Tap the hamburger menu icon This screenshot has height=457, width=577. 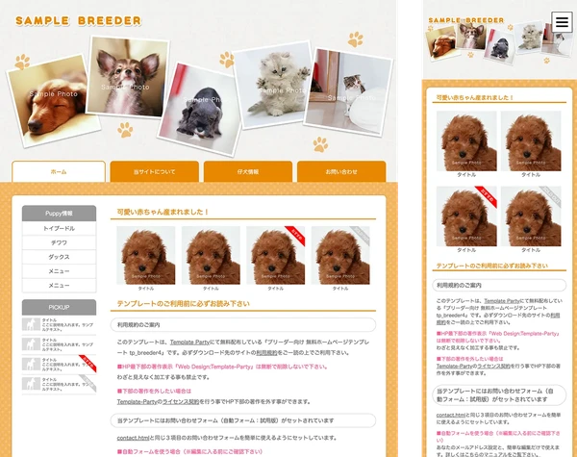(x=562, y=23)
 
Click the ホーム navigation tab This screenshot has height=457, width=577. (x=59, y=171)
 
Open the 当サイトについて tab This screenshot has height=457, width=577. (x=155, y=171)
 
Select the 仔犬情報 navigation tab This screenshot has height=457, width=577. (x=248, y=171)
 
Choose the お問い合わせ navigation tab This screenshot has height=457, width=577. (x=341, y=171)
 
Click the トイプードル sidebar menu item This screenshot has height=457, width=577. (x=59, y=229)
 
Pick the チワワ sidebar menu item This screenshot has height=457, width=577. (x=59, y=243)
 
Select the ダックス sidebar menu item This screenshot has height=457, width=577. (x=59, y=257)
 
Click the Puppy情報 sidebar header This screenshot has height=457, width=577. (x=59, y=213)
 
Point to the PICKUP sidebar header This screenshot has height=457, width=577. (x=59, y=306)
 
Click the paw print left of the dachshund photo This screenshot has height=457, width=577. (x=21, y=62)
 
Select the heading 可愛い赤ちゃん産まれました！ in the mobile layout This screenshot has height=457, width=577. (x=475, y=98)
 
